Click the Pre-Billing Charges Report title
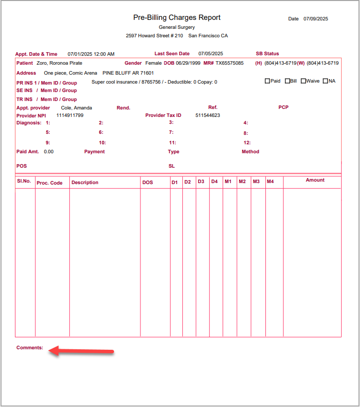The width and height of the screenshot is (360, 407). [x=177, y=17]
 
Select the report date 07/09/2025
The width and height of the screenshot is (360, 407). [x=316, y=19]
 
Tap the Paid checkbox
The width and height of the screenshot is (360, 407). [x=267, y=81]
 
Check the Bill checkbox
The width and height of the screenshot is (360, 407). [x=287, y=81]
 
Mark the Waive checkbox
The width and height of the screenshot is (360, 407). [x=303, y=81]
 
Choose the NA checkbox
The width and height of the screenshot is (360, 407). [x=326, y=81]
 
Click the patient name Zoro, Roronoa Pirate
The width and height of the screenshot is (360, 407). [x=59, y=63]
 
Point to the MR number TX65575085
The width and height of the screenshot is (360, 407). [x=230, y=63]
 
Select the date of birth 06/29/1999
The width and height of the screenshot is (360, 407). [x=188, y=63]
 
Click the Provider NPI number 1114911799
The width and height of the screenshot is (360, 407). [x=70, y=115]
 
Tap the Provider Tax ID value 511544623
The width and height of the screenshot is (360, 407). [x=208, y=115]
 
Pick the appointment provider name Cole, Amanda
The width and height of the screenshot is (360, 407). [x=76, y=107]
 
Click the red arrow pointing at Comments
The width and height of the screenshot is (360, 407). [x=82, y=351]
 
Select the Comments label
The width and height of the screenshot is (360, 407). [x=30, y=348]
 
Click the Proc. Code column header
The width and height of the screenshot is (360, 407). [x=50, y=183]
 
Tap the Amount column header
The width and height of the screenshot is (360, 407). [x=315, y=180]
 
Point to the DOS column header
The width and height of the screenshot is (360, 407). [x=147, y=183]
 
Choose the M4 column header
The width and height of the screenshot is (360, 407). [x=270, y=182]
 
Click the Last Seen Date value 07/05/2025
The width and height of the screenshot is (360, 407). [x=211, y=54]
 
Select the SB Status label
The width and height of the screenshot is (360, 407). [x=267, y=54]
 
